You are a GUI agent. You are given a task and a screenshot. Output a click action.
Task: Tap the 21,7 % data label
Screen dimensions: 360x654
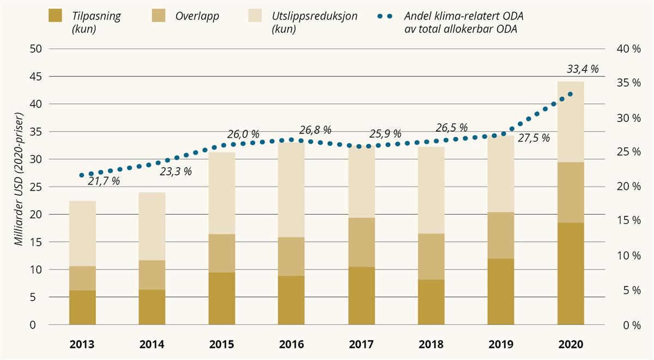[104, 181]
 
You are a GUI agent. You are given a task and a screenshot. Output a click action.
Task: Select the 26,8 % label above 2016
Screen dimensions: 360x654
[315, 130]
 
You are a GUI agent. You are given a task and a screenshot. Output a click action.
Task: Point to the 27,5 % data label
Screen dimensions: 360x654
[534, 138]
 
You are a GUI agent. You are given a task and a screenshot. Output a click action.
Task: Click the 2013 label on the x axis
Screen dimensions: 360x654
[82, 345]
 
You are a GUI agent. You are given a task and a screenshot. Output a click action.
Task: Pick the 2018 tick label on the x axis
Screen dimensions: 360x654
[431, 345]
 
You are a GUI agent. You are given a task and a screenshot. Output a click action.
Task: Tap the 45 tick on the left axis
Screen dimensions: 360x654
[35, 76]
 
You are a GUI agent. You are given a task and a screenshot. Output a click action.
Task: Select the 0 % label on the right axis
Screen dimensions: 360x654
[631, 325]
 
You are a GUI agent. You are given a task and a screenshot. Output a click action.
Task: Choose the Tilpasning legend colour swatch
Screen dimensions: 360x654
[57, 16]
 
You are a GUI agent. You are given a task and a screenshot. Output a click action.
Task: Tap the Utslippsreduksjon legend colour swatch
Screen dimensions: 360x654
[257, 16]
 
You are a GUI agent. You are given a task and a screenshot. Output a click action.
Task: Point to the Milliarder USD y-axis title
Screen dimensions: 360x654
[19, 180]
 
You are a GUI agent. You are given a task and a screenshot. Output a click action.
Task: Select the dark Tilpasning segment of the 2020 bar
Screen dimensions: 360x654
[571, 274]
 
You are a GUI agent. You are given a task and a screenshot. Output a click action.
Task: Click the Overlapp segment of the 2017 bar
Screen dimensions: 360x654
[361, 242]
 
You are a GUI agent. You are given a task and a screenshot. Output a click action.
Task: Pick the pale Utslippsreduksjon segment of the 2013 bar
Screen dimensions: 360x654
[82, 234]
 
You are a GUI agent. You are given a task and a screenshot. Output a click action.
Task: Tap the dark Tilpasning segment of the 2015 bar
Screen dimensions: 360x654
[222, 298]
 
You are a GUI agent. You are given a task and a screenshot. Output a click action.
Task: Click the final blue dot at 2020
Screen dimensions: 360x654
[570, 94]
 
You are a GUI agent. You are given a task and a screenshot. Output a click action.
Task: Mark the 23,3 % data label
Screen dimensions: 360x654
[175, 171]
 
